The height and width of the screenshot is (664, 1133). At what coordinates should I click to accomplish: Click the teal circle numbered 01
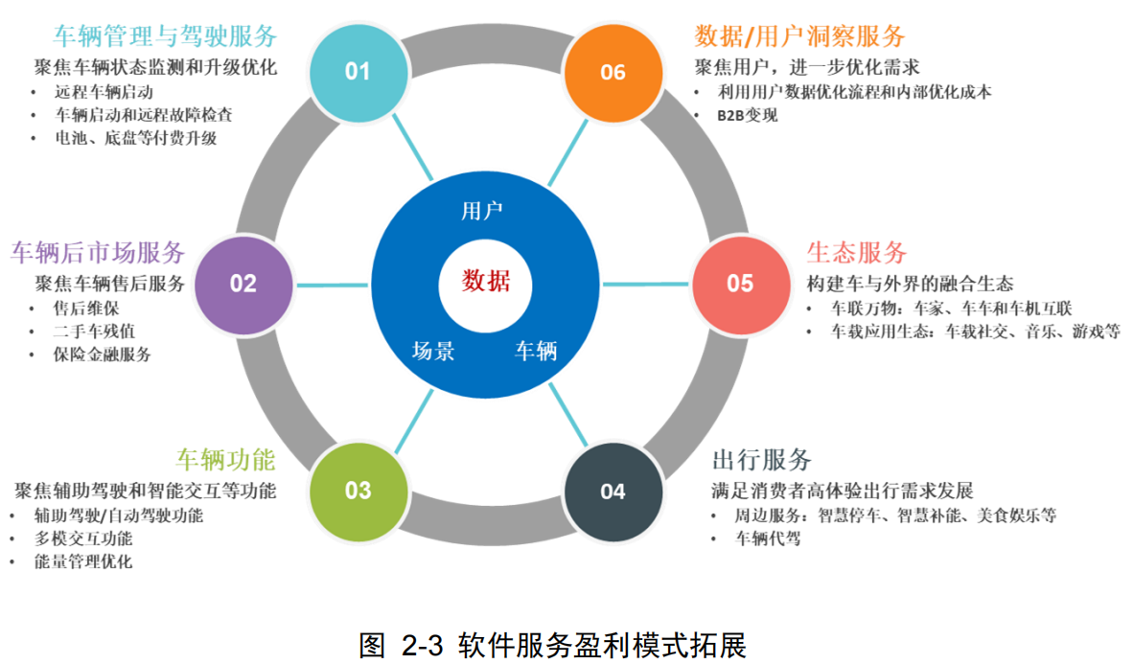pos(358,72)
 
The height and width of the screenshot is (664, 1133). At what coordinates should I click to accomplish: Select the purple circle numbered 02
pos(243,284)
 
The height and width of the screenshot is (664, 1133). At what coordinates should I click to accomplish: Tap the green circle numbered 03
pos(358,491)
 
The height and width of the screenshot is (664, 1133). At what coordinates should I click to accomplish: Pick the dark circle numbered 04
pos(613,491)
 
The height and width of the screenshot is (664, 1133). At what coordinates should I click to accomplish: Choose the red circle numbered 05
pos(740,284)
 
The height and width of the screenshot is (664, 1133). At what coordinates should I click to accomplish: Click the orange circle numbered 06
pos(613,72)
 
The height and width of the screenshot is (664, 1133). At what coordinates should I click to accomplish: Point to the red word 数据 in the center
pos(486,282)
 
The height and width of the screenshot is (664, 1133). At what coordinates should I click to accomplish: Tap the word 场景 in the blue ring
pos(433,351)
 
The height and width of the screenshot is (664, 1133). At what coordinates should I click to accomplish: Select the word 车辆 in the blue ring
pos(536,351)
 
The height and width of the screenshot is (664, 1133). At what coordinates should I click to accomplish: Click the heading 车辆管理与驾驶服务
pos(165,36)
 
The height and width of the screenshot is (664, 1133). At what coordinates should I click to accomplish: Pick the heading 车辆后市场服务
pos(98,253)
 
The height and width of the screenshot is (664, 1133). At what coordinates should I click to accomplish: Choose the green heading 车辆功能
pos(225,460)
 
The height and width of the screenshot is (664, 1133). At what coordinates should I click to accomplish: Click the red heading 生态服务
pos(856,253)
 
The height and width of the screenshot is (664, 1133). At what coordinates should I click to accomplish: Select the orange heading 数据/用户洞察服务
pos(799,36)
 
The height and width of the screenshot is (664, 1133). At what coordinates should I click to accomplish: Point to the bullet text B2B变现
pos(748,116)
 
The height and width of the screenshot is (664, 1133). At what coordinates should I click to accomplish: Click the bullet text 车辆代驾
pos(767,538)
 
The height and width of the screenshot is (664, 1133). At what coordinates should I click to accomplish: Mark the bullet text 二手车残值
pos(93,332)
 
